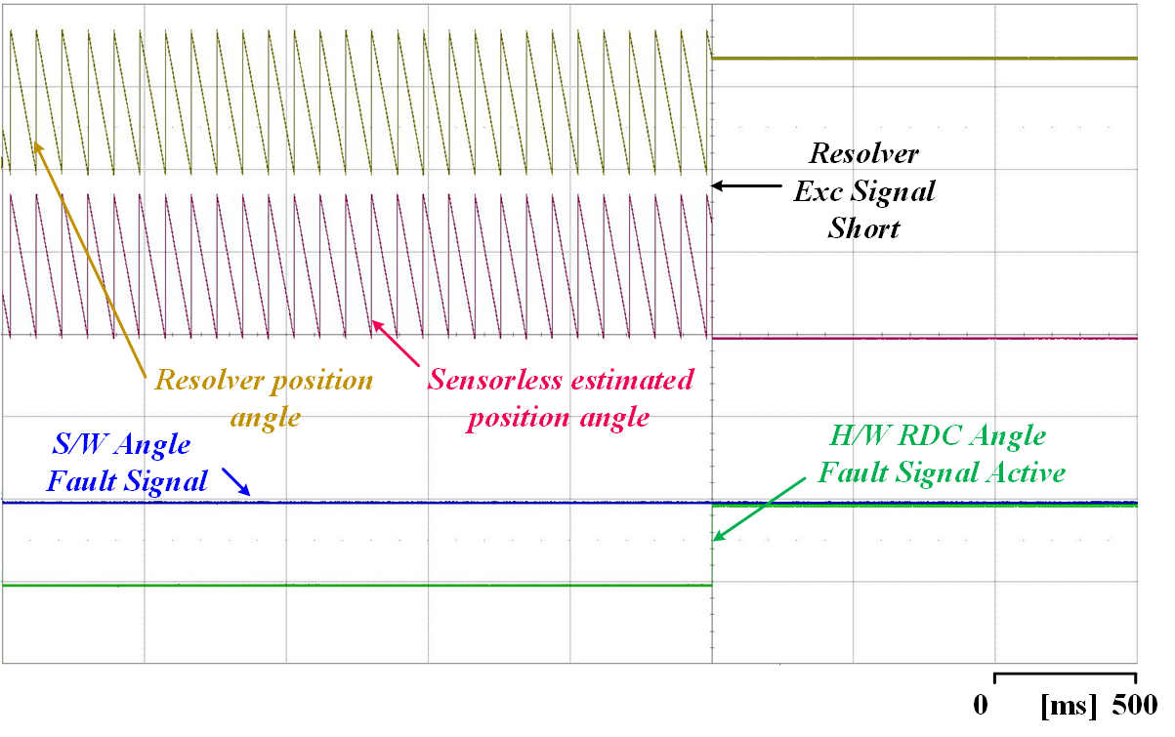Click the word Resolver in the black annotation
coord(863,153)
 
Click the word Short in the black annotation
coord(864,228)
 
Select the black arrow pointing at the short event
coord(746,185)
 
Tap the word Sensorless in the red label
coord(494,380)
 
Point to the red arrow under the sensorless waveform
coord(396,343)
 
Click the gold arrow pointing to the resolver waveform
coord(89,260)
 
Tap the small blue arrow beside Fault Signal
coord(236,481)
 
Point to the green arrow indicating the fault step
coord(759,509)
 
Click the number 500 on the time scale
coord(1135,705)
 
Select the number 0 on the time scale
coord(981,705)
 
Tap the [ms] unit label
coord(1069,706)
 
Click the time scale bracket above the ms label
coord(1066,674)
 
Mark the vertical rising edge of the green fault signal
coord(712,545)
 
